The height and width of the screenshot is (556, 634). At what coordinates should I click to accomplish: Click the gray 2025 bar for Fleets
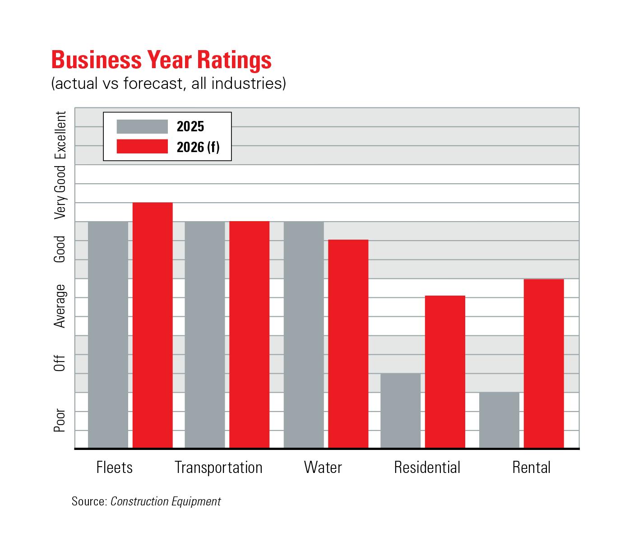click(x=108, y=334)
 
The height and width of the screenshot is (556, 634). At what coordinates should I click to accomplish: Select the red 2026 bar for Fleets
click(x=153, y=325)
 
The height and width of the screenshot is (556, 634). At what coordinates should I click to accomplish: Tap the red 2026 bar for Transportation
click(x=250, y=334)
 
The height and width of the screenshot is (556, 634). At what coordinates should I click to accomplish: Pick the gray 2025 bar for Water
click(x=304, y=334)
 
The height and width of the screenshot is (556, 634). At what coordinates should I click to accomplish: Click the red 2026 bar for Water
click(x=348, y=343)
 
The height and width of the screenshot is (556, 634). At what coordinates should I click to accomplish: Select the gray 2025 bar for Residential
click(x=401, y=411)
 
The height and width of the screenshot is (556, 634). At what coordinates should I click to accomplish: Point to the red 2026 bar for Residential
click(x=445, y=372)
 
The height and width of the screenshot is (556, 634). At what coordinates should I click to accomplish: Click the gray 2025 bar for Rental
click(x=499, y=420)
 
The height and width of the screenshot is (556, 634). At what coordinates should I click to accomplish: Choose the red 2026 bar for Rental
click(x=544, y=363)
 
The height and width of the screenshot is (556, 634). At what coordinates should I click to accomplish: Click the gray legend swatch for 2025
click(x=142, y=126)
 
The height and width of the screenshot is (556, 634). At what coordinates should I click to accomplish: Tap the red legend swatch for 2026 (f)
click(x=142, y=147)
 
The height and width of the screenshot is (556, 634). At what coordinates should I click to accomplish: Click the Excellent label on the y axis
click(x=60, y=135)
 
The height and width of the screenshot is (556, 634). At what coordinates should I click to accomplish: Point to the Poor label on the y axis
click(x=60, y=421)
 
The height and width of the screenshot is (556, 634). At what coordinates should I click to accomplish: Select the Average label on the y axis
click(x=60, y=306)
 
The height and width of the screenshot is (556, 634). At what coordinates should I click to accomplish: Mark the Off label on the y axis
click(x=60, y=363)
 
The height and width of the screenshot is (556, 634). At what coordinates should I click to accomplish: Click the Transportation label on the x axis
click(x=218, y=468)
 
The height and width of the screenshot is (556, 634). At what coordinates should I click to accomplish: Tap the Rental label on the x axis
click(x=531, y=468)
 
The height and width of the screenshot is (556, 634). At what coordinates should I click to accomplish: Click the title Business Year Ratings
click(x=162, y=60)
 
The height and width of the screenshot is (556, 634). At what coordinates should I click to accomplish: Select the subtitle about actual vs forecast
click(x=168, y=84)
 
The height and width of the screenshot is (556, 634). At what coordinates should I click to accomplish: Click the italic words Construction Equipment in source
click(x=166, y=501)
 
